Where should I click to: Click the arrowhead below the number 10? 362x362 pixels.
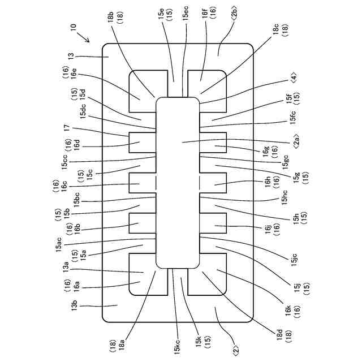[87, 40]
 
